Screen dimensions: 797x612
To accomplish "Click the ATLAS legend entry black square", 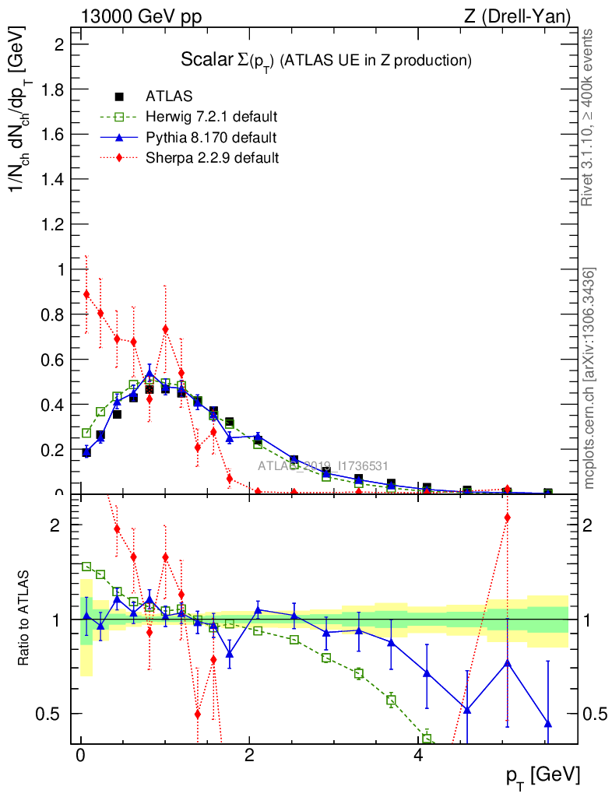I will pos(119,97).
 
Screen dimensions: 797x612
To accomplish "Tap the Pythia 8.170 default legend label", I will pos(211,138).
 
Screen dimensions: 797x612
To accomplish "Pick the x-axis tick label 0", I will pos(80,756).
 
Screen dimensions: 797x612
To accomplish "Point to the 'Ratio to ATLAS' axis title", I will pos(24,619).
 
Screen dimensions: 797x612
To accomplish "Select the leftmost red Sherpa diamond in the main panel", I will pos(86,294).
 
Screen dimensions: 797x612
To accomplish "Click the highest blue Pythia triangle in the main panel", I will pos(149,373).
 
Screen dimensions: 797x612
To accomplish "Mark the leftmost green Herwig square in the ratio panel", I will pos(86,567).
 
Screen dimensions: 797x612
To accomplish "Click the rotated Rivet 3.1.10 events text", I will pos(588,117).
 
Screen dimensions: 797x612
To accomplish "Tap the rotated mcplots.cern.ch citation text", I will pos(589,377).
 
